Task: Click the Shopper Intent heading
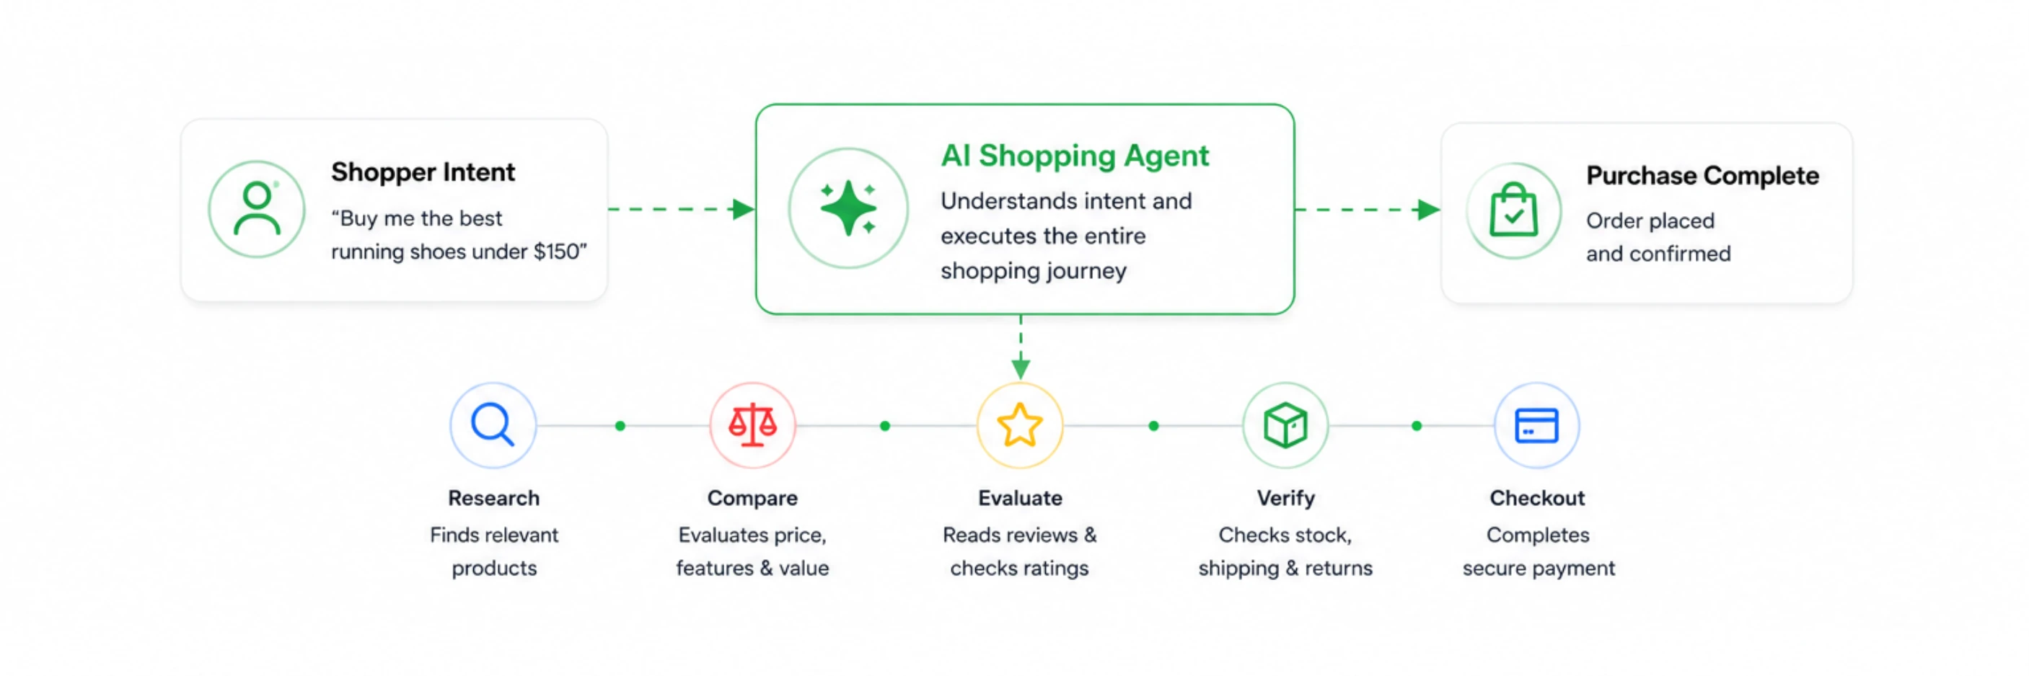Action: click(x=423, y=172)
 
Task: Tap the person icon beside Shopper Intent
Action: click(x=257, y=208)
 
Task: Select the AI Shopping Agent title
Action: click(x=1074, y=156)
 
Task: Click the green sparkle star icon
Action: click(x=848, y=208)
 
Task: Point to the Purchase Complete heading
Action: click(x=1702, y=176)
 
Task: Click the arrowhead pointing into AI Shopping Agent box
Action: click(x=744, y=209)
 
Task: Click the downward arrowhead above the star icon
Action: click(x=1021, y=368)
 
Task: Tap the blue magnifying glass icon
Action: click(x=493, y=425)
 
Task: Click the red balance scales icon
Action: click(x=752, y=425)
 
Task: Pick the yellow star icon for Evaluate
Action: click(x=1020, y=425)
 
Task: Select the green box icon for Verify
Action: click(x=1285, y=425)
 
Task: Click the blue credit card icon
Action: click(x=1536, y=426)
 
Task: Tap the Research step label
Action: click(x=494, y=498)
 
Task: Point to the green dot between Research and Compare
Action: click(x=620, y=426)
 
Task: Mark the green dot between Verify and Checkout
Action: click(x=1417, y=426)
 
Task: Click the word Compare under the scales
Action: click(x=752, y=498)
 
